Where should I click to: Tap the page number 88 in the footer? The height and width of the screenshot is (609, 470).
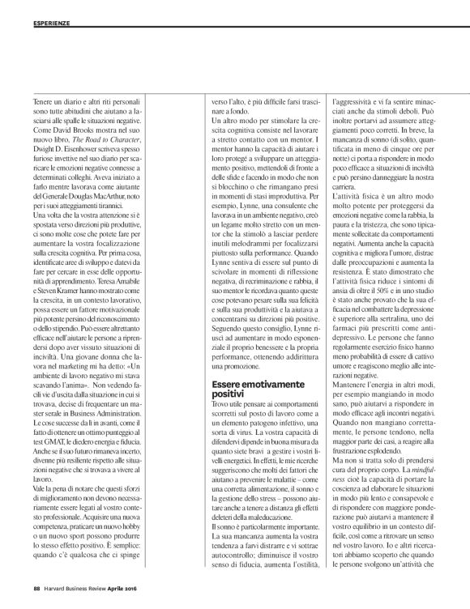pyautogui.click(x=36, y=588)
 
